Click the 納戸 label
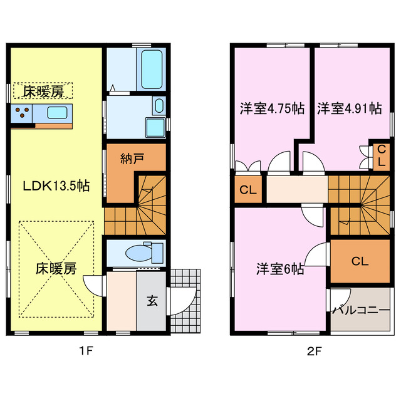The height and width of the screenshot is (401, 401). pyautogui.click(x=132, y=159)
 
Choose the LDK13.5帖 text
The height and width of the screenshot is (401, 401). pyautogui.click(x=56, y=186)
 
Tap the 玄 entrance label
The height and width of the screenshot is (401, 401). pyautogui.click(x=152, y=299)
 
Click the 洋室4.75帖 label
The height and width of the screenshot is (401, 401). pyautogui.click(x=272, y=108)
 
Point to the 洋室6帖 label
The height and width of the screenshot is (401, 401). pyautogui.click(x=280, y=269)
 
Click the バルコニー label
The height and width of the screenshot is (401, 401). pyautogui.click(x=360, y=310)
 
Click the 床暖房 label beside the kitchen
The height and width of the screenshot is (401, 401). pyautogui.click(x=44, y=91)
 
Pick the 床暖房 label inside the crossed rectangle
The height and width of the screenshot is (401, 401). pyautogui.click(x=56, y=269)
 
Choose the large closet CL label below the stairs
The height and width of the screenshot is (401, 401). pyautogui.click(x=359, y=261)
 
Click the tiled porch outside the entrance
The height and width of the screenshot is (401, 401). pyautogui.click(x=185, y=301)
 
